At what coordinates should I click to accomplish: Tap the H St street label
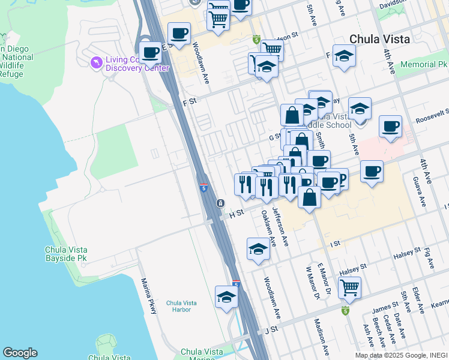(x=237, y=213)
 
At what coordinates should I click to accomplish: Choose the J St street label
(x=271, y=329)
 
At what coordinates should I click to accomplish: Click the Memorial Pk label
(x=424, y=64)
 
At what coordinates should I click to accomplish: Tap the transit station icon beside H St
(x=221, y=203)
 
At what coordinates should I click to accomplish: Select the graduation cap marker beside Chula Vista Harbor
(x=226, y=297)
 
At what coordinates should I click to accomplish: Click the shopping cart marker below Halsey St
(x=349, y=287)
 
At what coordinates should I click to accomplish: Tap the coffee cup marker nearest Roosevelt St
(x=390, y=127)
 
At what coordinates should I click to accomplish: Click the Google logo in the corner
(x=20, y=353)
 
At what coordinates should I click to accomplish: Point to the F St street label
(x=190, y=101)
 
